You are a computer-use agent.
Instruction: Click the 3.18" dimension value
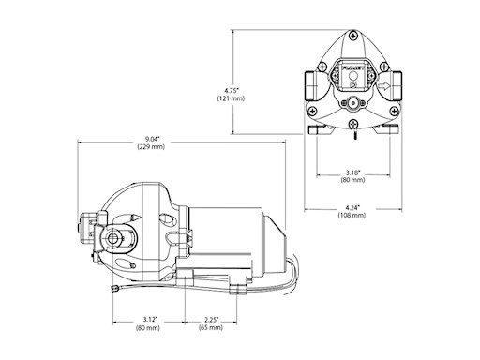[352, 172]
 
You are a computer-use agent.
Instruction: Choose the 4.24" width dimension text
[352, 208]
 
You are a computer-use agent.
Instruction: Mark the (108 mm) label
[352, 217]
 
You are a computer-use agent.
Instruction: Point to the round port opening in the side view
[117, 238]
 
